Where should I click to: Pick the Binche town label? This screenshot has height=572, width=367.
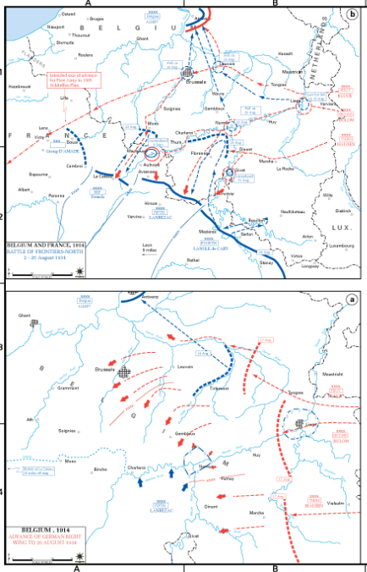click(100, 468)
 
